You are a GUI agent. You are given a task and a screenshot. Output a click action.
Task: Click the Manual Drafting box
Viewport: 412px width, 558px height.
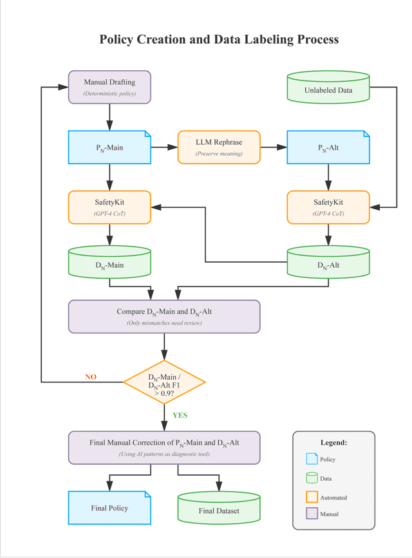pos(109,87)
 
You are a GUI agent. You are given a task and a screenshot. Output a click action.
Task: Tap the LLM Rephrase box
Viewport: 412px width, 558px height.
pos(219,147)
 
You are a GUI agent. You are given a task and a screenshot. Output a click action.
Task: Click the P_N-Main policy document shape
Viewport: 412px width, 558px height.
pos(109,147)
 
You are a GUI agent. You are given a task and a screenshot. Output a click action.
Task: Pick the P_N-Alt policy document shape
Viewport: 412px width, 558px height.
pos(328,147)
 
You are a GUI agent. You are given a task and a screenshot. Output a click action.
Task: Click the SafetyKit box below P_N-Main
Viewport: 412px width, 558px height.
pos(109,207)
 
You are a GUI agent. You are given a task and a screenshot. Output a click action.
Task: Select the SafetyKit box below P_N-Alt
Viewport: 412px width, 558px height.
pos(328,207)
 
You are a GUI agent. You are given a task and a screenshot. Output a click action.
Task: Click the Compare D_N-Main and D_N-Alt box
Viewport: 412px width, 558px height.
pos(164,316)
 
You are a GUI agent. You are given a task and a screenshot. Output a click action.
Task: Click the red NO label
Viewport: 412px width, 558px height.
pos(91,377)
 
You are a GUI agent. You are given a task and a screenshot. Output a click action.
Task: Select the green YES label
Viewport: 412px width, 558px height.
pos(180,415)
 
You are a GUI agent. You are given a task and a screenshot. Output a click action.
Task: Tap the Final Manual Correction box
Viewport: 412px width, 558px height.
pos(164,447)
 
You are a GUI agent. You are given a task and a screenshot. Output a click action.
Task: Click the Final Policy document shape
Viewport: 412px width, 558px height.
pos(109,508)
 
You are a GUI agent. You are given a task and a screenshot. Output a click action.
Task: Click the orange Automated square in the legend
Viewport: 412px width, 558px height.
pos(312,497)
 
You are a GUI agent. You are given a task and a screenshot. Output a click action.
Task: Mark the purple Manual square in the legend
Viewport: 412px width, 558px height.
pos(312,514)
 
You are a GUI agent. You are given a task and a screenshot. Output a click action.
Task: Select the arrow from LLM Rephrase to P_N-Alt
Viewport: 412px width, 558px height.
pos(273,147)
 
